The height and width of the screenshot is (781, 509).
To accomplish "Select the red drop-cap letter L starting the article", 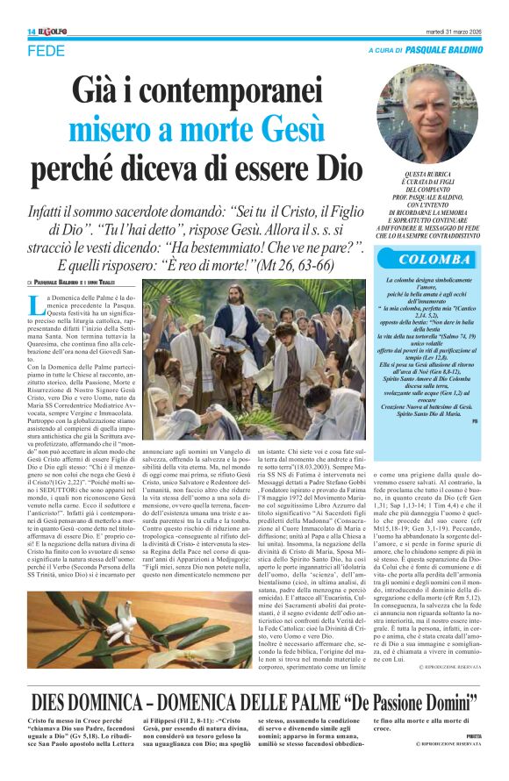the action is pyautogui.click(x=33, y=305).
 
